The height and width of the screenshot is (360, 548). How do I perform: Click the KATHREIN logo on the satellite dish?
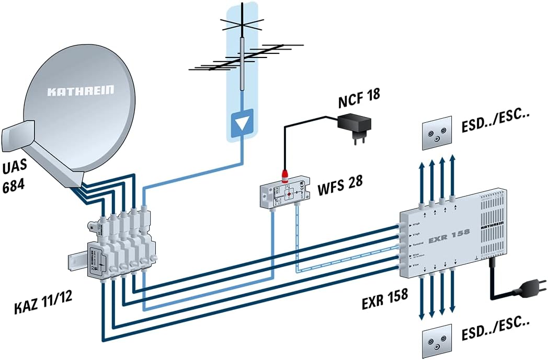click(x=81, y=91)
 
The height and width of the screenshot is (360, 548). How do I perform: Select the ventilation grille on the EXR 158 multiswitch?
click(x=492, y=230)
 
